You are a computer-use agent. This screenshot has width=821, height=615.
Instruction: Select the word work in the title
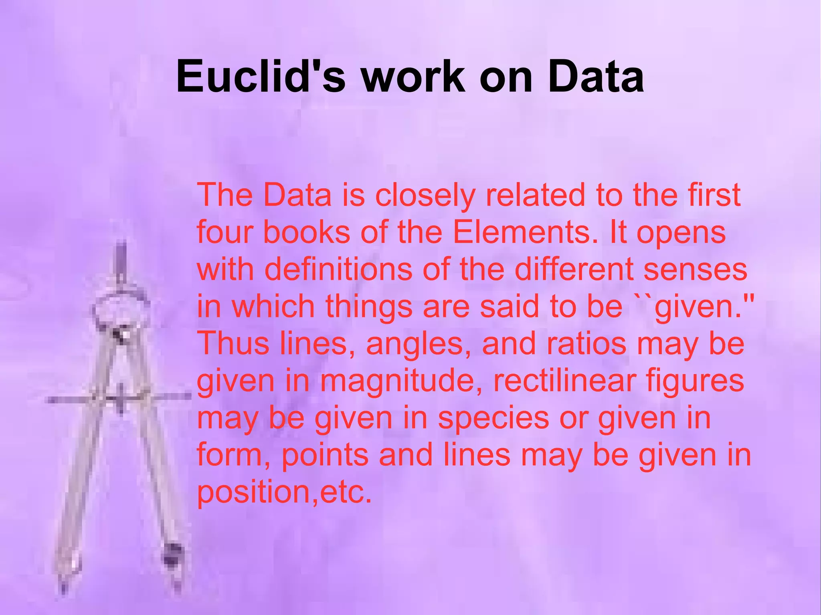coord(413,76)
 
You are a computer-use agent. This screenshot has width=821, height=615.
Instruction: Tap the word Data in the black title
coord(596,76)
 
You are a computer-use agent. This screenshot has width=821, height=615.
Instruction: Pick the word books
coord(307,232)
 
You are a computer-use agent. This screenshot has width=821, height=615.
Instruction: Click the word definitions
coord(338,269)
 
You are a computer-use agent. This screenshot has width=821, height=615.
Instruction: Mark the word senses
coord(695,269)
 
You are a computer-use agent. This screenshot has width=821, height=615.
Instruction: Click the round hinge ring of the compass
coord(120,309)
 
